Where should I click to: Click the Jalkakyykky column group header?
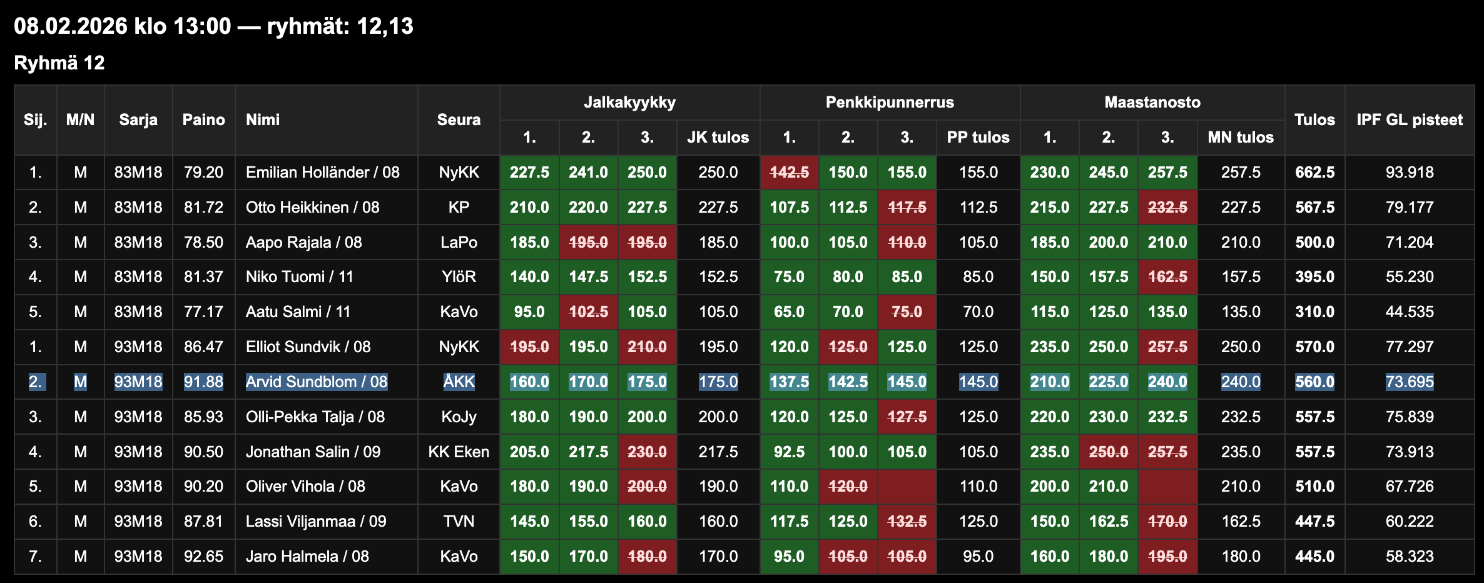point(629,103)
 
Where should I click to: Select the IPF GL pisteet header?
point(1409,120)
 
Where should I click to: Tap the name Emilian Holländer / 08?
point(322,173)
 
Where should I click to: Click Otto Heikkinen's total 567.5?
point(1314,208)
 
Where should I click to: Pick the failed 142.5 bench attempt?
point(789,173)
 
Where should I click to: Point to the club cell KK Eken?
point(459,452)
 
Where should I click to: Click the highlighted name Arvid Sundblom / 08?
point(317,382)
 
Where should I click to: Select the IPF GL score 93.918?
point(1409,173)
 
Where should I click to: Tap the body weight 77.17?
point(203,312)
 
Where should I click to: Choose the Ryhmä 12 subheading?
point(59,63)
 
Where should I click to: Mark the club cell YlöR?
point(459,277)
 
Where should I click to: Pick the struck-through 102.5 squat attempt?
point(588,312)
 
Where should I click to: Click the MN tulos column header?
point(1240,138)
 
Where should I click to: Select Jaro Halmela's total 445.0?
point(1314,557)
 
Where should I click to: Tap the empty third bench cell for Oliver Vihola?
point(907,487)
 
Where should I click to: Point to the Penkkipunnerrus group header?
point(889,103)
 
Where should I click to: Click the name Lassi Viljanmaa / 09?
point(316,522)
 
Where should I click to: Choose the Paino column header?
point(203,120)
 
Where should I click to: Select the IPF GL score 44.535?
point(1409,312)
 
